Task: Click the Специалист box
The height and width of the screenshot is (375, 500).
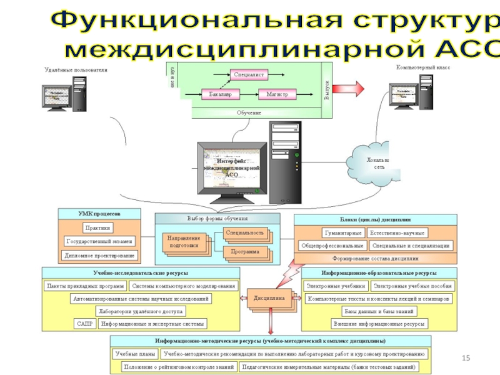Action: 249,75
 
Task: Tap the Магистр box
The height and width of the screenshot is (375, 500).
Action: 277,94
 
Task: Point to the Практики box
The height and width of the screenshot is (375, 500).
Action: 99,228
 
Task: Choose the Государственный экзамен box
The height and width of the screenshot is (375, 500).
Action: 99,241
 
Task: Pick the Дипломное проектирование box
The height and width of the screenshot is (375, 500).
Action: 99,255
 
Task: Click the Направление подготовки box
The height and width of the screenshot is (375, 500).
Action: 184,242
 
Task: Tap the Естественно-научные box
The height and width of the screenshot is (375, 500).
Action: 397,233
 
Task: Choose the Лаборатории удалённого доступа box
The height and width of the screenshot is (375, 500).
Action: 139,311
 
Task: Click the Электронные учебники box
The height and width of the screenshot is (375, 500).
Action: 336,286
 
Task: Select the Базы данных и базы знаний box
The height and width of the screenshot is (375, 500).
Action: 379,311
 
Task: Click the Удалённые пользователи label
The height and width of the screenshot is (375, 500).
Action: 76,70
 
